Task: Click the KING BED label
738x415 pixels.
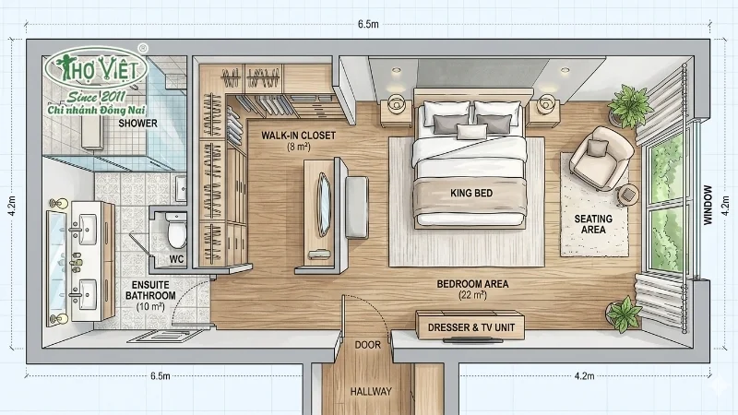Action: click(x=471, y=193)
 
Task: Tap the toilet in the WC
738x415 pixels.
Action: click(x=176, y=231)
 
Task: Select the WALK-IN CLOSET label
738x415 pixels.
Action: click(x=298, y=136)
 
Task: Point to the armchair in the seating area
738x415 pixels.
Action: click(x=601, y=157)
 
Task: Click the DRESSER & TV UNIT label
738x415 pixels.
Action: click(x=471, y=327)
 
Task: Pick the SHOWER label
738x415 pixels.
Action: click(x=137, y=124)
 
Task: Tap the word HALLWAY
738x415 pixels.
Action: click(x=371, y=391)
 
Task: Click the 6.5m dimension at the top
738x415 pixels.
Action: click(x=368, y=24)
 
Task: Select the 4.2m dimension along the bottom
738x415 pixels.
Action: click(x=584, y=376)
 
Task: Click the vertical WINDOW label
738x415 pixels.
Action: click(x=708, y=205)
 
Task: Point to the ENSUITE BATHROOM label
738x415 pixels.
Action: click(x=150, y=290)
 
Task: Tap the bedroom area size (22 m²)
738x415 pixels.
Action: click(x=472, y=295)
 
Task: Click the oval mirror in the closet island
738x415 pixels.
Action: click(x=324, y=204)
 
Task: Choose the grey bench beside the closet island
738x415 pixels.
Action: click(x=356, y=207)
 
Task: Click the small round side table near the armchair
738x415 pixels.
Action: click(x=627, y=195)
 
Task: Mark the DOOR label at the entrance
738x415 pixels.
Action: click(x=367, y=345)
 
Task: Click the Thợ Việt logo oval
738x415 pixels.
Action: click(x=97, y=68)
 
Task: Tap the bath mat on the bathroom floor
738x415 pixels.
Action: click(x=165, y=337)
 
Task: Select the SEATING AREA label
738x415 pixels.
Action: click(x=593, y=224)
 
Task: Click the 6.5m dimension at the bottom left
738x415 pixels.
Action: click(x=161, y=376)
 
